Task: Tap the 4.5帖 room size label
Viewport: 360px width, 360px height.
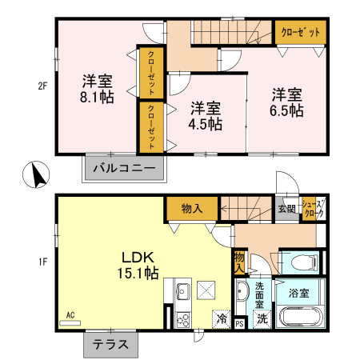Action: tap(206, 124)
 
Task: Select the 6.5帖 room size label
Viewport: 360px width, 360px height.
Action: tap(286, 111)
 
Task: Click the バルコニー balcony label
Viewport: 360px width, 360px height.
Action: tap(125, 168)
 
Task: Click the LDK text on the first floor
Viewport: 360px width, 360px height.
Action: tap(142, 257)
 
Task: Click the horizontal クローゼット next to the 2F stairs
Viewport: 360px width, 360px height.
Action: tap(302, 32)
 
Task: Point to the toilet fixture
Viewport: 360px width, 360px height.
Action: tap(302, 261)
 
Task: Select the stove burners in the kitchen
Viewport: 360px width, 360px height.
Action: tap(182, 318)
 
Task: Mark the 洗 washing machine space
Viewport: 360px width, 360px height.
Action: tap(261, 318)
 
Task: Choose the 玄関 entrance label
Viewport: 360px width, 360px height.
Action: tap(286, 209)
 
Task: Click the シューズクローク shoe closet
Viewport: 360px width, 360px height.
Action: tap(315, 210)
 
